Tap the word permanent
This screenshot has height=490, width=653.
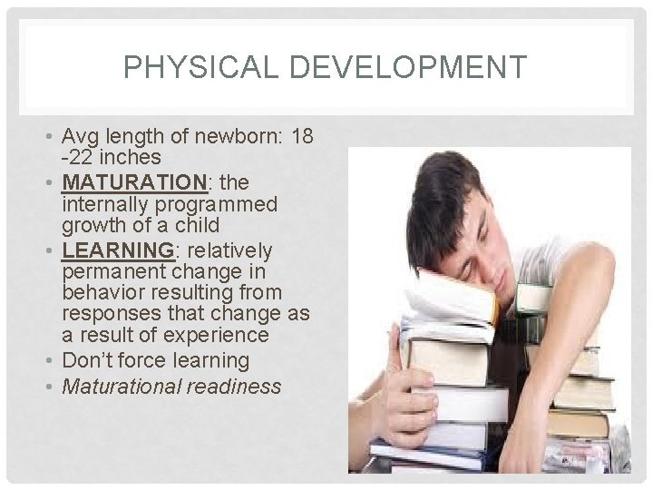114,270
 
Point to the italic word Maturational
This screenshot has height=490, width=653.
121,387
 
